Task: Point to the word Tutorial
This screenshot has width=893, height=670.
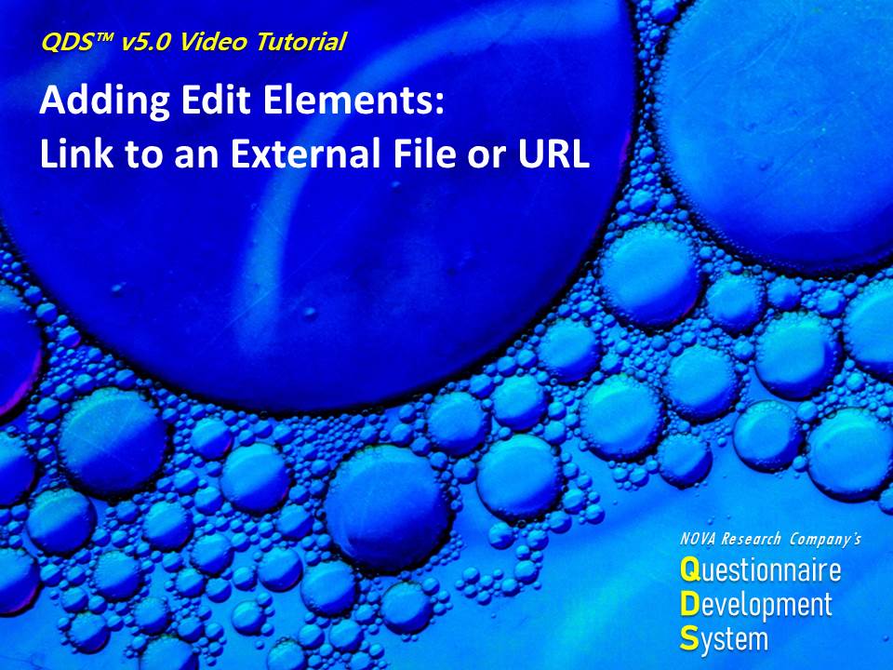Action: pos(300,42)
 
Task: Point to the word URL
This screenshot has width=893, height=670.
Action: pos(553,154)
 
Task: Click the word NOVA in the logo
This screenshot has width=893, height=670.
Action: pos(698,539)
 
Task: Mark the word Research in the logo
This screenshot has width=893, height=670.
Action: pos(751,539)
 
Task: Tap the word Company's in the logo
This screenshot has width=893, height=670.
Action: pos(825,539)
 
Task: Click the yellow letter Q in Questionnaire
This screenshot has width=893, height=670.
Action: pos(689,570)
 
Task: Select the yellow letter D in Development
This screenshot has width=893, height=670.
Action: pos(689,604)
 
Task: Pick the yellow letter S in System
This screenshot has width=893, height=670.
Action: pos(689,638)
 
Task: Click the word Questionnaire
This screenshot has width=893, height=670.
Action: pos(761,569)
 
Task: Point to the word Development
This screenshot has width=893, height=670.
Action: pos(756,606)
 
